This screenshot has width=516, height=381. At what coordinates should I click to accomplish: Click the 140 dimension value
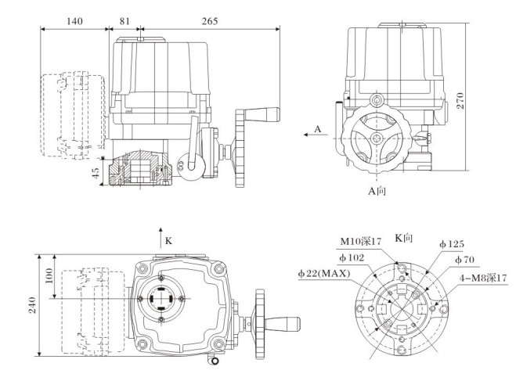coord(74,19)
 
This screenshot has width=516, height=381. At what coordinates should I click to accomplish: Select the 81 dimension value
coord(124,19)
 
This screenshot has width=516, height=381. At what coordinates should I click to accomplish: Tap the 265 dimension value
coord(208,19)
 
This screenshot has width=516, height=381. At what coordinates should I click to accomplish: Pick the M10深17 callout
coord(359,241)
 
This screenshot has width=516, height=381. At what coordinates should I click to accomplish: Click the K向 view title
coord(404,236)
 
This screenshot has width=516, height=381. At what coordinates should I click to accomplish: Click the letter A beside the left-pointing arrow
coord(317,128)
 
